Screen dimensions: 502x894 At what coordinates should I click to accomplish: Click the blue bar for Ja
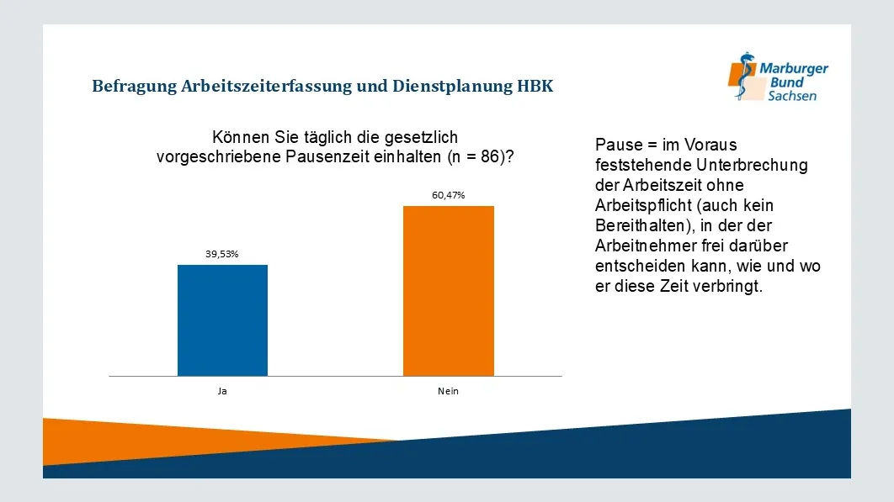[222, 320]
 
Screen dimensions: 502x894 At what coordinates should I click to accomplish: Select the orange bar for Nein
[448, 290]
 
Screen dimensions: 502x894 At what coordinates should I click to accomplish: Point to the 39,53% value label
[222, 254]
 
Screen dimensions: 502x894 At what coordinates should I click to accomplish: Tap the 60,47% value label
[448, 195]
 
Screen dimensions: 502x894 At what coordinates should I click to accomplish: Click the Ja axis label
[222, 391]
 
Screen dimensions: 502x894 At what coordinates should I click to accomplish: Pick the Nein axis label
[448, 391]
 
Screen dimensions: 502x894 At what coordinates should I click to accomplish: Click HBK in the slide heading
[535, 86]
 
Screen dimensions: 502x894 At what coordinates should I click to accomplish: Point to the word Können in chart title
[241, 137]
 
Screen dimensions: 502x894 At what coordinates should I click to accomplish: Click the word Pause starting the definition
[617, 145]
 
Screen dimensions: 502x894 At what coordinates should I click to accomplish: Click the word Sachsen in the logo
[791, 96]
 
